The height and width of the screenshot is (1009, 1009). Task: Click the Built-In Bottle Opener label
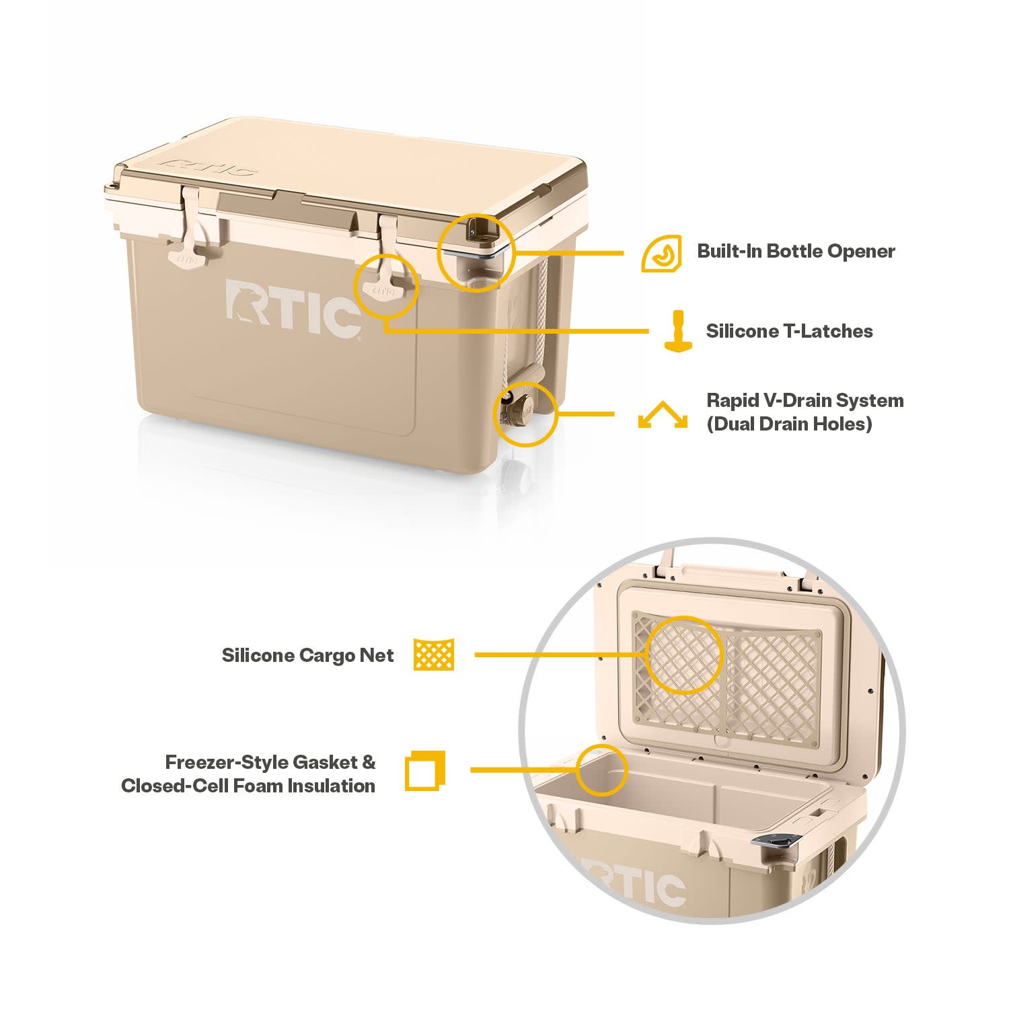(796, 251)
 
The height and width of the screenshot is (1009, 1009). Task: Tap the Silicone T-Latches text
(789, 331)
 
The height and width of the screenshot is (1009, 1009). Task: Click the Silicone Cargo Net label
(307, 655)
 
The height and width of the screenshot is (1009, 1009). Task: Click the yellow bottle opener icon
(661, 254)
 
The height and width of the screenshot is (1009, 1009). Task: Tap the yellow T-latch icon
(679, 330)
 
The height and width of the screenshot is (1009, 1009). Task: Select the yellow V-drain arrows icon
(663, 415)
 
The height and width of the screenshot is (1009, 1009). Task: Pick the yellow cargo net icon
(434, 654)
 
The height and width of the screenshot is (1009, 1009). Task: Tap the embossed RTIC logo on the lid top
(211, 165)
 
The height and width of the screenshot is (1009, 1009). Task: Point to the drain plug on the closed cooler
(518, 408)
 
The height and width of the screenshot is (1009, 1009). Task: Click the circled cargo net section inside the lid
(683, 655)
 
